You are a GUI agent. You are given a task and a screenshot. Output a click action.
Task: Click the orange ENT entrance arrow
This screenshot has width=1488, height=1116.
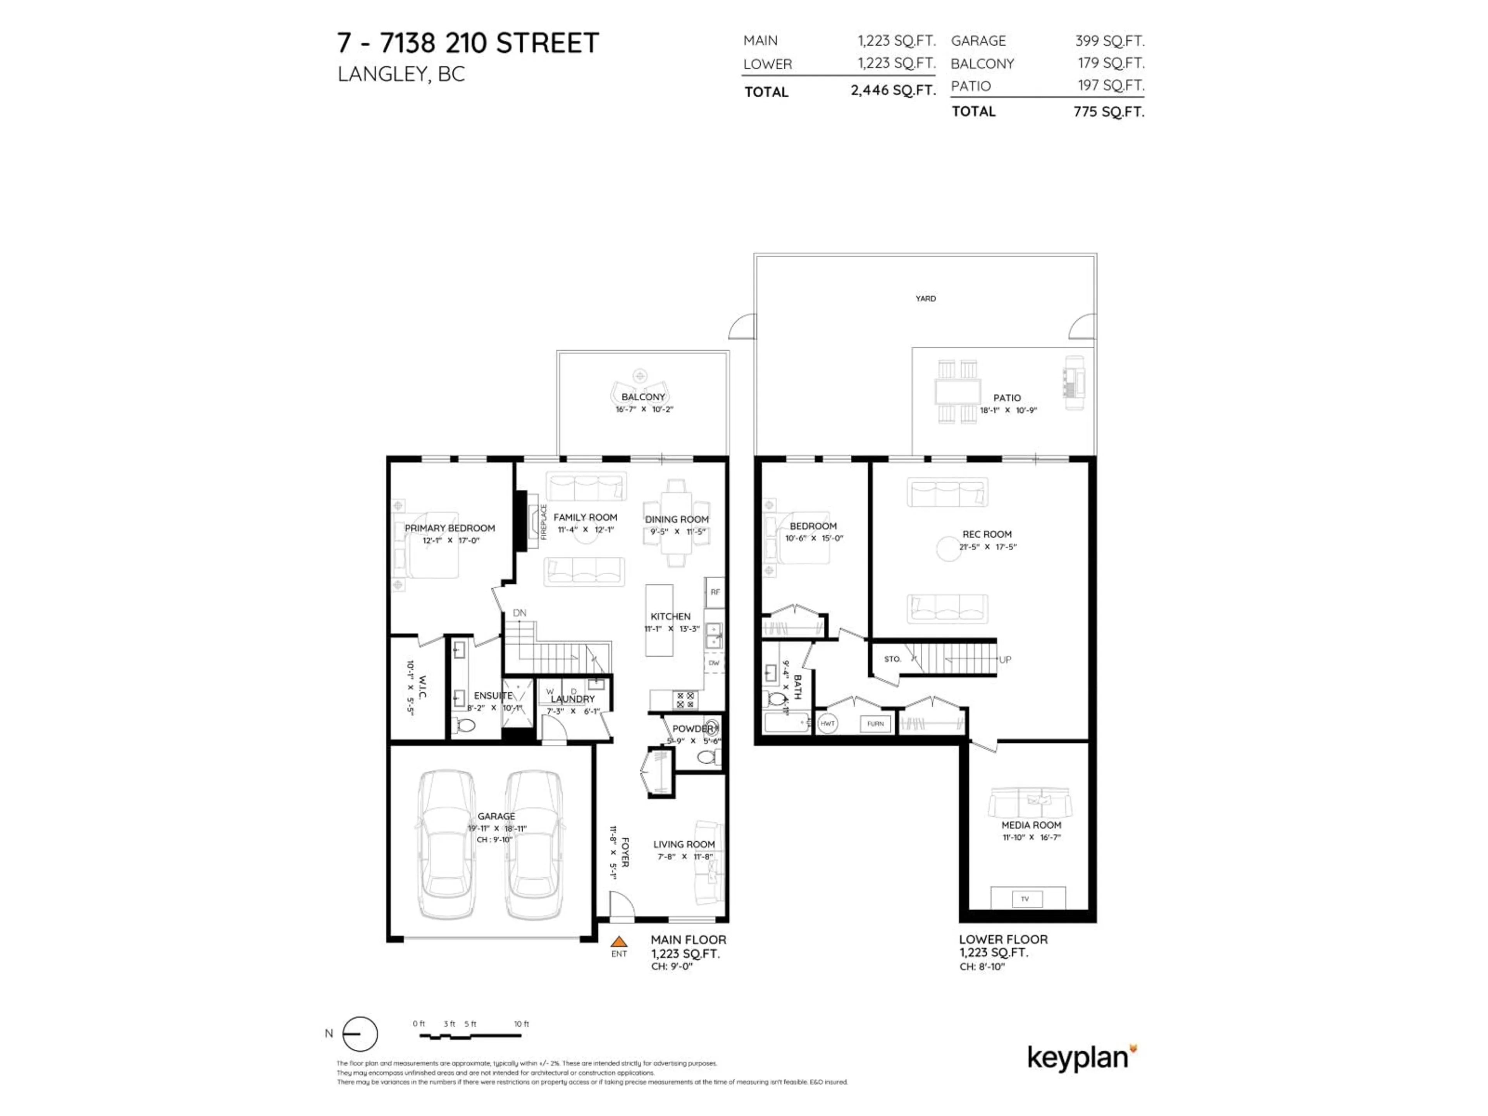pos(619,942)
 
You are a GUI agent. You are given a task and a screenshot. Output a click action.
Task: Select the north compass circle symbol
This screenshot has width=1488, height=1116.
pos(360,1034)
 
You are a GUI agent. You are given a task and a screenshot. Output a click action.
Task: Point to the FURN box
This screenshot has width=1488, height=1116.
pos(875,724)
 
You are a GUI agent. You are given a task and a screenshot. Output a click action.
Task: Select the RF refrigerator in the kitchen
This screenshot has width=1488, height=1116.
pos(715,592)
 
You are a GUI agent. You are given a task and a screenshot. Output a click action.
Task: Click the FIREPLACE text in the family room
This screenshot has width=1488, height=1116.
pos(544,521)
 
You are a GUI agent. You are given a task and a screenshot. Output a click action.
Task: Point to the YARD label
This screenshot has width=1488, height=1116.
pos(926,298)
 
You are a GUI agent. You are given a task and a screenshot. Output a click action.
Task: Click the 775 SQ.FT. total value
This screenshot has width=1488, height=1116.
pos(1109,112)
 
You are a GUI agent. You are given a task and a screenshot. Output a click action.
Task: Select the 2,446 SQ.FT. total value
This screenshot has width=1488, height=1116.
pos(893,90)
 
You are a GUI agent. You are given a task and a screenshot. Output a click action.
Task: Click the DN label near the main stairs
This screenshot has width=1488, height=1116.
pos(519,613)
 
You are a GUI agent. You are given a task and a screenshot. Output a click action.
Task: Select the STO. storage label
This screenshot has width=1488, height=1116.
pos(892,659)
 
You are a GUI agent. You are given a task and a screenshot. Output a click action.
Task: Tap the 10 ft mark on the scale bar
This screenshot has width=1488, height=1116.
pos(521,1024)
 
